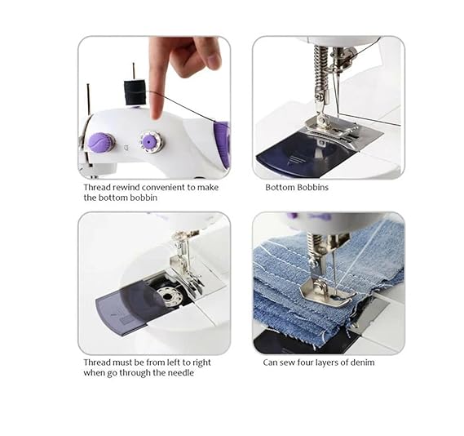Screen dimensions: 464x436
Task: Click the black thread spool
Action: (x=135, y=92)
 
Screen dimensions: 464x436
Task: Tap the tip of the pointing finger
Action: (x=157, y=116)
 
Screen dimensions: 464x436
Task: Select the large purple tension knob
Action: (x=101, y=142)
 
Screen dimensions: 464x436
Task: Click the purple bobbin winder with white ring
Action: (x=150, y=142)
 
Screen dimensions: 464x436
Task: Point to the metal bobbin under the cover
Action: (x=168, y=296)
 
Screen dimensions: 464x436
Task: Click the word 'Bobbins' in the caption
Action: (x=313, y=187)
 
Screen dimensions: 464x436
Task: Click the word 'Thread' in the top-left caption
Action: (x=97, y=187)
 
